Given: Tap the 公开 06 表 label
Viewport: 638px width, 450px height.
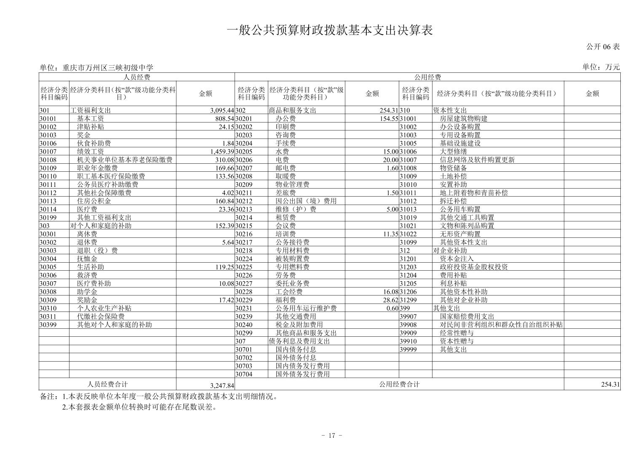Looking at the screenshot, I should (x=603, y=47).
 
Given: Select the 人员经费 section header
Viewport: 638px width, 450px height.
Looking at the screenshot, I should (x=136, y=77).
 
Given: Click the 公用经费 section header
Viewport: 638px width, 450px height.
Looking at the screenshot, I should (x=427, y=77).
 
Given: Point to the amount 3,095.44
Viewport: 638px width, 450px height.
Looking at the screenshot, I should (x=222, y=110).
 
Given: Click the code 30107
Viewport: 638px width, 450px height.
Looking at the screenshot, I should (x=48, y=152).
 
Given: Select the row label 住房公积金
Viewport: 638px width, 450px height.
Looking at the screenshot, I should (x=94, y=201).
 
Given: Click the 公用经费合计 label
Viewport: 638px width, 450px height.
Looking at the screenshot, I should (x=399, y=384).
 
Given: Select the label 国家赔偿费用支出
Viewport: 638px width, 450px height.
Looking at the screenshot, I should (x=467, y=317).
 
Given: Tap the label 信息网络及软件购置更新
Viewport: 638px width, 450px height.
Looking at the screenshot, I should (x=477, y=160).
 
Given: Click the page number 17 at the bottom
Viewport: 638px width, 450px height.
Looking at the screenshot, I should (x=331, y=435).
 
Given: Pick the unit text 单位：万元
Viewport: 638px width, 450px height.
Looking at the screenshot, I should (x=601, y=67).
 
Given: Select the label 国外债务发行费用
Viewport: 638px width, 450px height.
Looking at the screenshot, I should (x=302, y=374).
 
